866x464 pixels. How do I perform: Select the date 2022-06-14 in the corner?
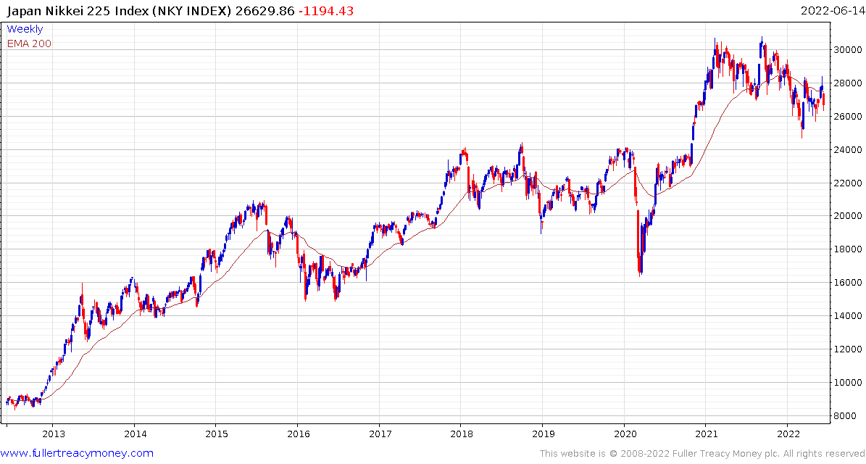[x=831, y=11]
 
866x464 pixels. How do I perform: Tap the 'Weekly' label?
[x=25, y=29]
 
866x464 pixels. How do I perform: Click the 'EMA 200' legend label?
[x=29, y=43]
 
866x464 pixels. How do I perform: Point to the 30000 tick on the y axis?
[x=847, y=50]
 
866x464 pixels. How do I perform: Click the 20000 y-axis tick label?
[x=847, y=216]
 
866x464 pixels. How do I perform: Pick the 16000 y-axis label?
[x=847, y=283]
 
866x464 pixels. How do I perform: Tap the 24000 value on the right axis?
[x=847, y=150]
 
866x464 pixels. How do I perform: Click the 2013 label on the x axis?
[x=53, y=434]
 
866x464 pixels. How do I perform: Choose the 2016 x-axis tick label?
[x=298, y=434]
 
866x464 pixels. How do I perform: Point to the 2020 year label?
[x=625, y=434]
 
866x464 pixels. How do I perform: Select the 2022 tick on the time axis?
[x=788, y=434]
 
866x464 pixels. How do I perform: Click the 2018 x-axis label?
[x=461, y=434]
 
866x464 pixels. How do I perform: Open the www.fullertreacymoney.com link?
[x=78, y=453]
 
